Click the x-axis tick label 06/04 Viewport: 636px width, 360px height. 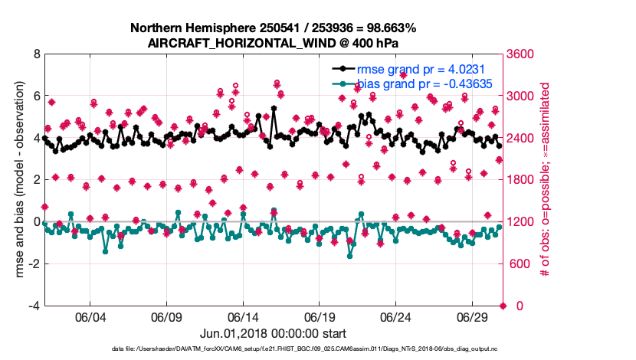point(90,316)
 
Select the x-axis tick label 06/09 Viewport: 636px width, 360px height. point(167,316)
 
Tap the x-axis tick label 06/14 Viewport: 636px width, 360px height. point(244,316)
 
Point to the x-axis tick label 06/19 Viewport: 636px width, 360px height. point(320,316)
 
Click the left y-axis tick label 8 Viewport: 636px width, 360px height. point(36,54)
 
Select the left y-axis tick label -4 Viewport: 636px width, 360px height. point(34,306)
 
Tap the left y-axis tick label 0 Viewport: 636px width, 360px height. point(36,222)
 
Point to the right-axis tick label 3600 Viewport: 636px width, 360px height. point(520,54)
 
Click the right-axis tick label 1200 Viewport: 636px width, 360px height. point(520,222)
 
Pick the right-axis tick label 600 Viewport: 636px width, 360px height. point(516,264)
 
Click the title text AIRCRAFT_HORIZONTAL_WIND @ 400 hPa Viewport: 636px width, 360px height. point(273,43)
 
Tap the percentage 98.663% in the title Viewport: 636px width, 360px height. point(388,28)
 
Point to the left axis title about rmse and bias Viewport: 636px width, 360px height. point(18,180)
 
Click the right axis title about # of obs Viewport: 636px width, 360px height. point(546,180)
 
